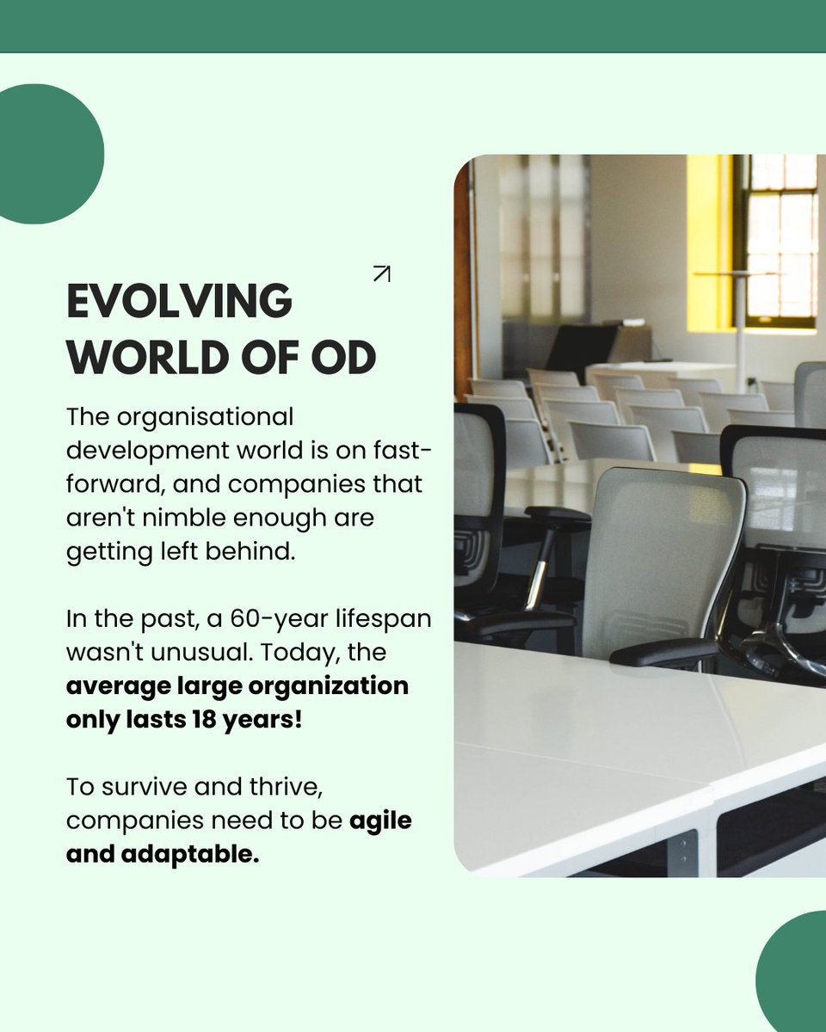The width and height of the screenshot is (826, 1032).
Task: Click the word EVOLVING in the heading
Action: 179,302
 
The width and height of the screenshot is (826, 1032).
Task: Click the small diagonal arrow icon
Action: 381,274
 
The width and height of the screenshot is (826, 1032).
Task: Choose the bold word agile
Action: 379,820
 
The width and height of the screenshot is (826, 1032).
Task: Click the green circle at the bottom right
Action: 796,976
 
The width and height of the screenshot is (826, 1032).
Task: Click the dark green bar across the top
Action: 413,26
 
